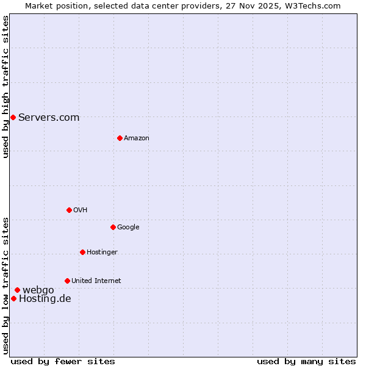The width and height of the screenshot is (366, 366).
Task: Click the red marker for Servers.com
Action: pos(13,117)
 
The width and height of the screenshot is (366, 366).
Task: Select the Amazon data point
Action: pos(120,138)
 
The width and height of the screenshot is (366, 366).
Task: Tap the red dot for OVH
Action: pos(69,210)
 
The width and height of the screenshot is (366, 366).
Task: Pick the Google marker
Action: pos(113,227)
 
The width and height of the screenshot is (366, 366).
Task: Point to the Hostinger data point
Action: pos(82,252)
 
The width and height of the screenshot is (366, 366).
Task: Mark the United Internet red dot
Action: pos(67,281)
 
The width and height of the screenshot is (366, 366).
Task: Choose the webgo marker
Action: pos(17,290)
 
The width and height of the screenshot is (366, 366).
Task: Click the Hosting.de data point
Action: pos(13,298)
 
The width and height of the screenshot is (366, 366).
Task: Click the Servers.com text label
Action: pos(49,117)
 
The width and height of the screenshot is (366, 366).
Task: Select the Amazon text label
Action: pos(136,138)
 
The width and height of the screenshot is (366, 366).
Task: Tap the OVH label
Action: pos(80,210)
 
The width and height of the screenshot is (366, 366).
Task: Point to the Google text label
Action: pos(128,227)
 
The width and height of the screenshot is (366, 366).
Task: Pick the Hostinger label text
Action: pos(102,252)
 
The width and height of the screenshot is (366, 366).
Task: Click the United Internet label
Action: pos(96,281)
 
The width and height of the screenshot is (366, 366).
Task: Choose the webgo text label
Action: pos(38,290)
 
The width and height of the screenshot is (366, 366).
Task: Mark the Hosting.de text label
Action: pos(45,298)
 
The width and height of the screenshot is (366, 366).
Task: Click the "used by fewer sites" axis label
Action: pos(63,361)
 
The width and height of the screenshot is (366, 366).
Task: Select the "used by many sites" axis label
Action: pos(306,361)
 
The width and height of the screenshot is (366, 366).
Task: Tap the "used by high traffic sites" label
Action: pos(5,87)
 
